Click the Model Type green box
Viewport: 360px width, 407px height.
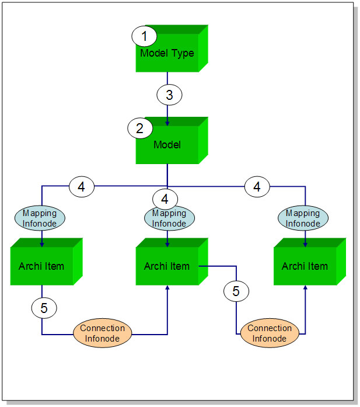coord(167,54)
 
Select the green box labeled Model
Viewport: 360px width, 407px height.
coord(167,145)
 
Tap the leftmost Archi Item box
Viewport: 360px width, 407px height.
coord(43,266)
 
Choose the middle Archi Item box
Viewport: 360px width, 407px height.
coord(167,266)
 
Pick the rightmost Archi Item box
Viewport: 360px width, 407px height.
coord(305,266)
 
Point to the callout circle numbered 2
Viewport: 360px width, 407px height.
coord(140,128)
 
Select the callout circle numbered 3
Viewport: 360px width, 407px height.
coord(169,94)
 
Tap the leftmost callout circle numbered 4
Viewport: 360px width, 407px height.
coord(82,187)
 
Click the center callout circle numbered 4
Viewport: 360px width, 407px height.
coord(165,199)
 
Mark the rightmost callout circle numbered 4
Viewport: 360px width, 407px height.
coord(256,187)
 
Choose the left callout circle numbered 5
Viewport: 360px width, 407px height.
coord(43,307)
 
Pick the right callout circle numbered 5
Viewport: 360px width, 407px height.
coord(236,290)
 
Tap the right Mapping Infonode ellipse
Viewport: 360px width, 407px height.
coord(303,218)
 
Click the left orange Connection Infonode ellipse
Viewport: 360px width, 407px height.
coord(103,333)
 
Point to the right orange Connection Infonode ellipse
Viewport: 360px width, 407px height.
coord(270,333)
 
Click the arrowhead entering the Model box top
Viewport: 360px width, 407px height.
coord(168,123)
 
